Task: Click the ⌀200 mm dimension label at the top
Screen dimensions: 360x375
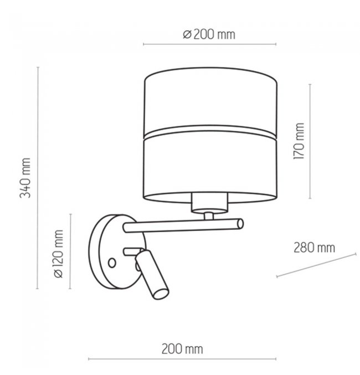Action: pos(209,35)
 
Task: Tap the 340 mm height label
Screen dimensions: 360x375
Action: pos(25,178)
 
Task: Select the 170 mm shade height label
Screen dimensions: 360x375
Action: pos(299,141)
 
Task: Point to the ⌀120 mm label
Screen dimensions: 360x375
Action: pos(59,254)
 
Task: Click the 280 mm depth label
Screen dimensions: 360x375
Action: pos(315,248)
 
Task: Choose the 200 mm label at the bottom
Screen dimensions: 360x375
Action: pos(182,349)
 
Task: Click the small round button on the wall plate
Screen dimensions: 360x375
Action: pos(112,263)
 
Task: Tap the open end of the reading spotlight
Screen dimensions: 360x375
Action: pos(161,294)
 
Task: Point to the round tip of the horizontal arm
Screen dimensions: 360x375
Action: pos(240,224)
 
